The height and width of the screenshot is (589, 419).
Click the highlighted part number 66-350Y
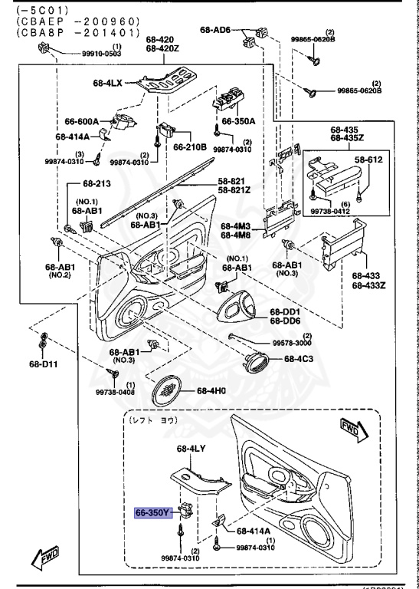point(154,513)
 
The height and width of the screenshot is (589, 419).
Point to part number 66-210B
point(189,146)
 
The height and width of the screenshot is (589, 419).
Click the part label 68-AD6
point(215,29)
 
